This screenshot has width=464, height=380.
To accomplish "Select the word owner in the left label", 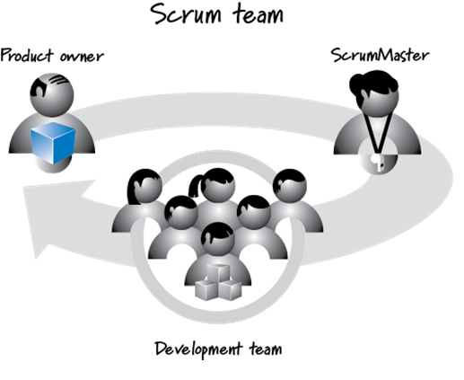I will (x=82, y=57).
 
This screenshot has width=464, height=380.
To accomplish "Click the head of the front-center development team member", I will (x=217, y=237).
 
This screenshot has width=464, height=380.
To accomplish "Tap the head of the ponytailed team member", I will (x=216, y=187).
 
